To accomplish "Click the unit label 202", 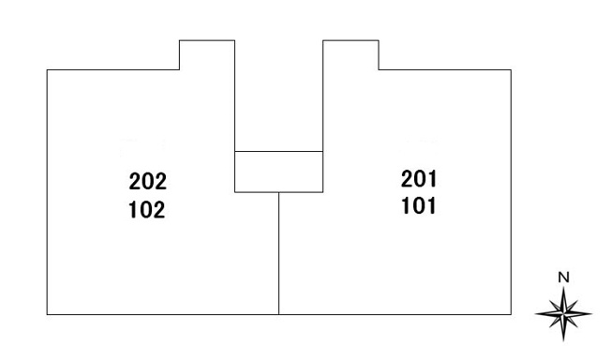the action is point(148,181).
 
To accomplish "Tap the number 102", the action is point(147,210).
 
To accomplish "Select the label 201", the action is point(419,179).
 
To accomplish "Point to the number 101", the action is point(419,206).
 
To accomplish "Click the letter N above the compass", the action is point(563,277).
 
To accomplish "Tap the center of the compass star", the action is point(563,313).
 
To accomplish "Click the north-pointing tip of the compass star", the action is point(563,287).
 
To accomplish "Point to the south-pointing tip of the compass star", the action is point(563,341).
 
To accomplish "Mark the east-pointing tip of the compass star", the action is point(592,313).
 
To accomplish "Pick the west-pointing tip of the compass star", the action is point(535,313).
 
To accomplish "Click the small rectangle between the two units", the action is point(278,172).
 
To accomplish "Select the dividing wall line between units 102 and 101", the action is point(278,253).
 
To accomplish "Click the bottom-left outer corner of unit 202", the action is point(47,314).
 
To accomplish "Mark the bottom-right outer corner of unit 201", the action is point(511,314).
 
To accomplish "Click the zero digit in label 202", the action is point(148,181).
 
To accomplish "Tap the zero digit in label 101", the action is point(419,206).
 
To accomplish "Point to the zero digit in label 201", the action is point(419,179).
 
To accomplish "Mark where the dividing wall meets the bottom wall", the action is point(278,314).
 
